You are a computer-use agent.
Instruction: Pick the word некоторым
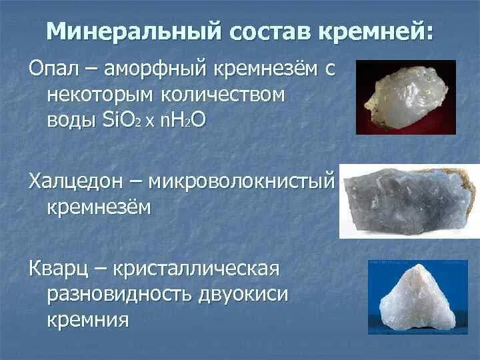[105, 95]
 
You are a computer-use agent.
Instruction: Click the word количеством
[229, 95]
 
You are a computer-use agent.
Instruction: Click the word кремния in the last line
[87, 321]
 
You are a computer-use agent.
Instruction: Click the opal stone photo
[405, 97]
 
